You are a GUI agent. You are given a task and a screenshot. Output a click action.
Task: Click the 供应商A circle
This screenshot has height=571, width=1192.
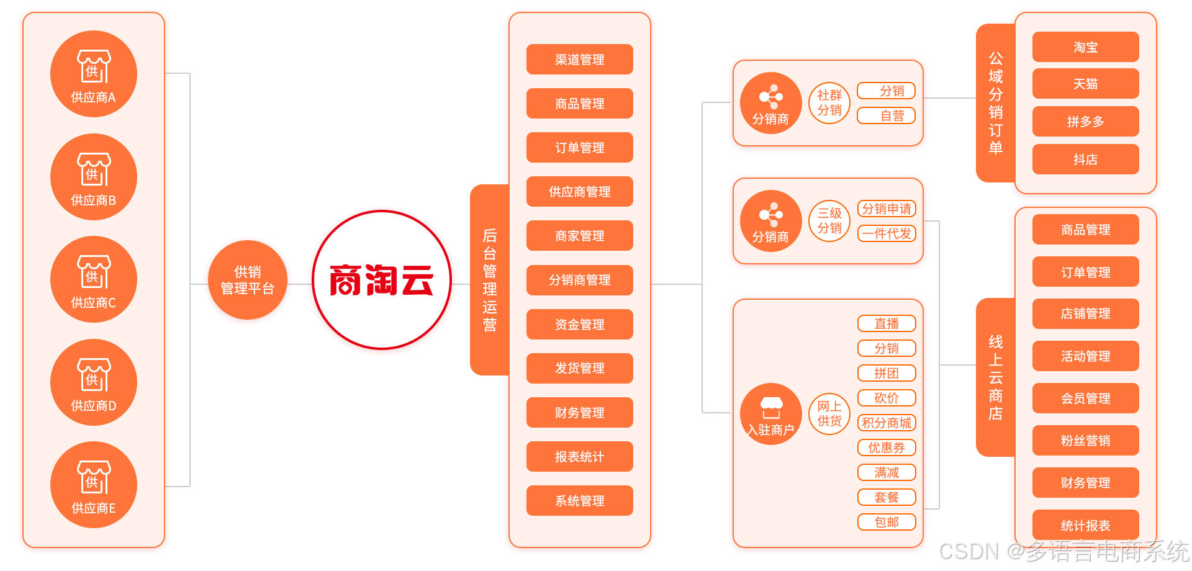pos(93,74)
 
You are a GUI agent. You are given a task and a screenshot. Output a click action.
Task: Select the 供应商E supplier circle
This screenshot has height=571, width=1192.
pos(93,485)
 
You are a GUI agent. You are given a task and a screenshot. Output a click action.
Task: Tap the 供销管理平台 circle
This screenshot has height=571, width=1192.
pos(247,280)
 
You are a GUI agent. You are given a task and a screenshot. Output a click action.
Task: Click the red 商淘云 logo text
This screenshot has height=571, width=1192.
pos(381,281)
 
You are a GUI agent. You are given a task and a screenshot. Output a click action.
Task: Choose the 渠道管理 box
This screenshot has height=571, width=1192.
pos(579,60)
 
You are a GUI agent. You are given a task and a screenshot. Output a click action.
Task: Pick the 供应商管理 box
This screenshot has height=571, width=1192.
pos(579,192)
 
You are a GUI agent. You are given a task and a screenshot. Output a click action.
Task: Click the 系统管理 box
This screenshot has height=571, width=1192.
pos(579,501)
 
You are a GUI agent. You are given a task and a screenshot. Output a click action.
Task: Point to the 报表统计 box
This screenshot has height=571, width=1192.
pos(579,457)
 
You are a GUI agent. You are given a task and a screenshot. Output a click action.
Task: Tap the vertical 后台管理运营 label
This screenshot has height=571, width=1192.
pos(490,280)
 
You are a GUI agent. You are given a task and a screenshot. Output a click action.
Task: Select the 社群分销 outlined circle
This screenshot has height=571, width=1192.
pos(829,103)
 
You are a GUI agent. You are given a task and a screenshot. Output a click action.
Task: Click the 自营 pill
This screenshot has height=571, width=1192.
pos(886,116)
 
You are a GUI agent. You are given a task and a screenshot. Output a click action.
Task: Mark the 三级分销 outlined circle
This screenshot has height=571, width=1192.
pos(829,221)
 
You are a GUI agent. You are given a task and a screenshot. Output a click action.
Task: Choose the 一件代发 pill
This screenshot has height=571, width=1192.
pos(886,234)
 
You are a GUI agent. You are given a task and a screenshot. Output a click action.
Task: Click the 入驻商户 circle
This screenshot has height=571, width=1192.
pos(771,414)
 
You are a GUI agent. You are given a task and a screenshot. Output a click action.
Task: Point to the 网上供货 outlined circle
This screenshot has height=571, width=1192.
pos(829,414)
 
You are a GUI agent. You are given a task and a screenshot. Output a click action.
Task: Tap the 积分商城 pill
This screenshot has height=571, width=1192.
pos(886,423)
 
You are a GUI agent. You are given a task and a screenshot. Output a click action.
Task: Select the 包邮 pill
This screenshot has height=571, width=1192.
pos(886,522)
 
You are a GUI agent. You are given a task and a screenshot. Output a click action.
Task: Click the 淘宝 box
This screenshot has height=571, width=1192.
pos(1085,47)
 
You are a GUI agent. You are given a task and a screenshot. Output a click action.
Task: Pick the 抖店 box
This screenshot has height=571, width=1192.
pos(1085,160)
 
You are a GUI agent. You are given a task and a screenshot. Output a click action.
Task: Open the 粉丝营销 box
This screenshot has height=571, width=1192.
pos(1085,441)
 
